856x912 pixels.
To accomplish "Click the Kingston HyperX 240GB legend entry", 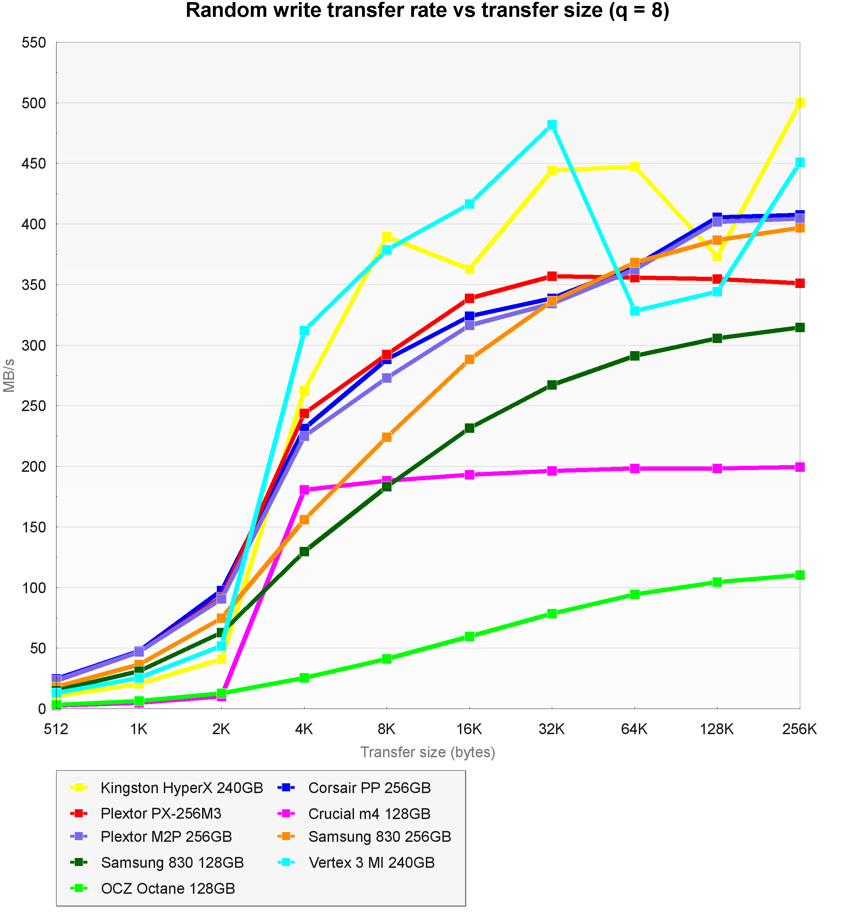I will coord(182,788).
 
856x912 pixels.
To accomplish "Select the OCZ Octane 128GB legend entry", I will coord(168,888).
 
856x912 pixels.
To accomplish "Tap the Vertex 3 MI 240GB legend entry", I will coord(371,863).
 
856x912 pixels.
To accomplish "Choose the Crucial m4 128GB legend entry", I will coord(369,814).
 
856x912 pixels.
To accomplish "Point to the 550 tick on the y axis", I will coord(34,43).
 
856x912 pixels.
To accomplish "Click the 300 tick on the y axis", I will coord(34,346).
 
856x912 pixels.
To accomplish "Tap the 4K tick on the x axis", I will coord(304,729).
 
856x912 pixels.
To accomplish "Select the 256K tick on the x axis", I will coord(799,729).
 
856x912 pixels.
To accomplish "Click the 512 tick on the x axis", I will coord(56,729).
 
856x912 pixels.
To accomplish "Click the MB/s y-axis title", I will coord(9,375).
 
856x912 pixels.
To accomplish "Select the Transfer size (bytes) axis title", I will coord(428,752).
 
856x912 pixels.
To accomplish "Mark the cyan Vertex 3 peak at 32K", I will coord(552,125).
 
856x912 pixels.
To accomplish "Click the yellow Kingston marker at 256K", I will coord(800,103).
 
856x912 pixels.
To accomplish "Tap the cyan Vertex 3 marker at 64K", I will coord(634,310).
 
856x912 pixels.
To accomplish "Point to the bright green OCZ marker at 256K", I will coord(800,575).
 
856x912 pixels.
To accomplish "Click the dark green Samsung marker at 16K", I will coord(469,428).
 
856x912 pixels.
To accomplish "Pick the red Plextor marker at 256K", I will coord(800,283).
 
